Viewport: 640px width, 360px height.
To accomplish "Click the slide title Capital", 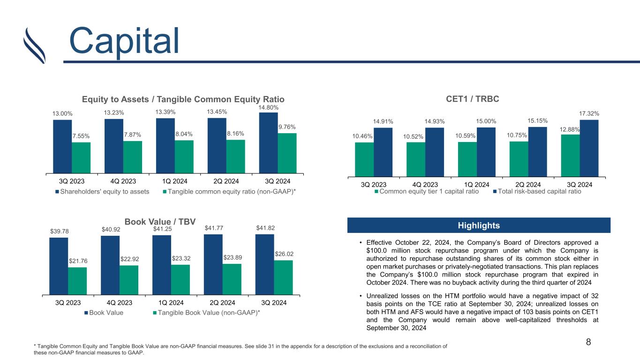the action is pos(124,41).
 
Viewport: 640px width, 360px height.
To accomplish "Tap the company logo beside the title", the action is pos(35,45).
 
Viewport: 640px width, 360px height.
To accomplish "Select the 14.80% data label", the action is pos(268,108).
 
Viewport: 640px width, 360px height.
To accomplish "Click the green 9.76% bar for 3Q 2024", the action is pos(287,153).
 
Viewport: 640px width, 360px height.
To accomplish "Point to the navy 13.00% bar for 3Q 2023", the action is pos(62,147).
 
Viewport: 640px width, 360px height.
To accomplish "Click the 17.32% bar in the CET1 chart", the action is pos(589,148).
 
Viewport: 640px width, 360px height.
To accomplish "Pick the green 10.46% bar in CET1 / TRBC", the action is pos(364,159).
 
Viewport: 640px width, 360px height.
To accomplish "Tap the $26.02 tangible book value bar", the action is pos(283,277).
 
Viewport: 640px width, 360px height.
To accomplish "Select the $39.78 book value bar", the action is pos(59,266).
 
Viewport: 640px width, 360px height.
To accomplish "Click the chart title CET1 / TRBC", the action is pos(473,99).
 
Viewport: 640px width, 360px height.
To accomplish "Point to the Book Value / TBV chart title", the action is pos(160,222).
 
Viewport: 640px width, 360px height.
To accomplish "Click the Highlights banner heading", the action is pos(479,225).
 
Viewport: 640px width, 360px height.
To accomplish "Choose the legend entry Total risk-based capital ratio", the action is pos(537,191).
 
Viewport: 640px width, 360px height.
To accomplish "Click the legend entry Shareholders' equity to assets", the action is pos(102,192).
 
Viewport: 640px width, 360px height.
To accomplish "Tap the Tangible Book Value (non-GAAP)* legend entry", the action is pos(207,313).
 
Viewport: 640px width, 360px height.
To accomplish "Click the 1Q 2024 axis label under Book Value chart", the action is pos(171,303).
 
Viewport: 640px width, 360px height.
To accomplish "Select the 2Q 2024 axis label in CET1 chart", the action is pos(528,185).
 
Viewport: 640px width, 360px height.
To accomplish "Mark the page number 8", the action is pos(588,342).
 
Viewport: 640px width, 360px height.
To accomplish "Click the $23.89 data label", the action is pos(233,257).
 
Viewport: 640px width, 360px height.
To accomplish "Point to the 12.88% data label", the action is pos(569,129).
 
